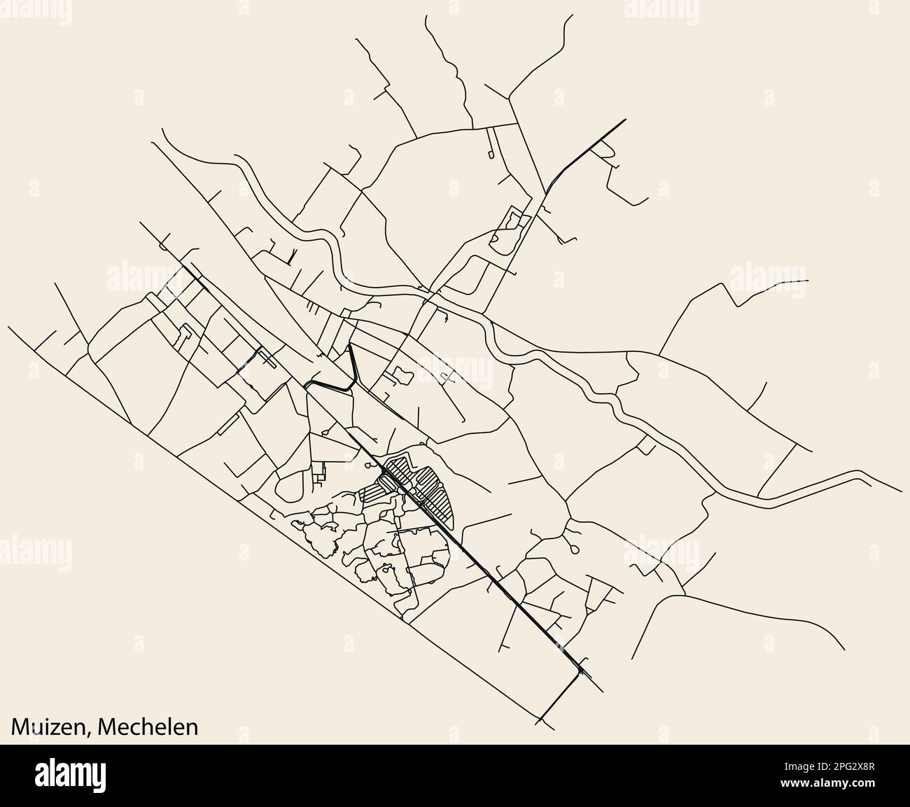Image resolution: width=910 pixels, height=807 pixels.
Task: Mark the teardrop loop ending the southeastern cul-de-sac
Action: point(575,550)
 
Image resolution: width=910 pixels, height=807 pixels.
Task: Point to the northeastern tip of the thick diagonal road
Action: point(624,120)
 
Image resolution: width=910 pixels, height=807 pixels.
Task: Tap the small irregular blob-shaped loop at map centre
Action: point(402,377)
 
